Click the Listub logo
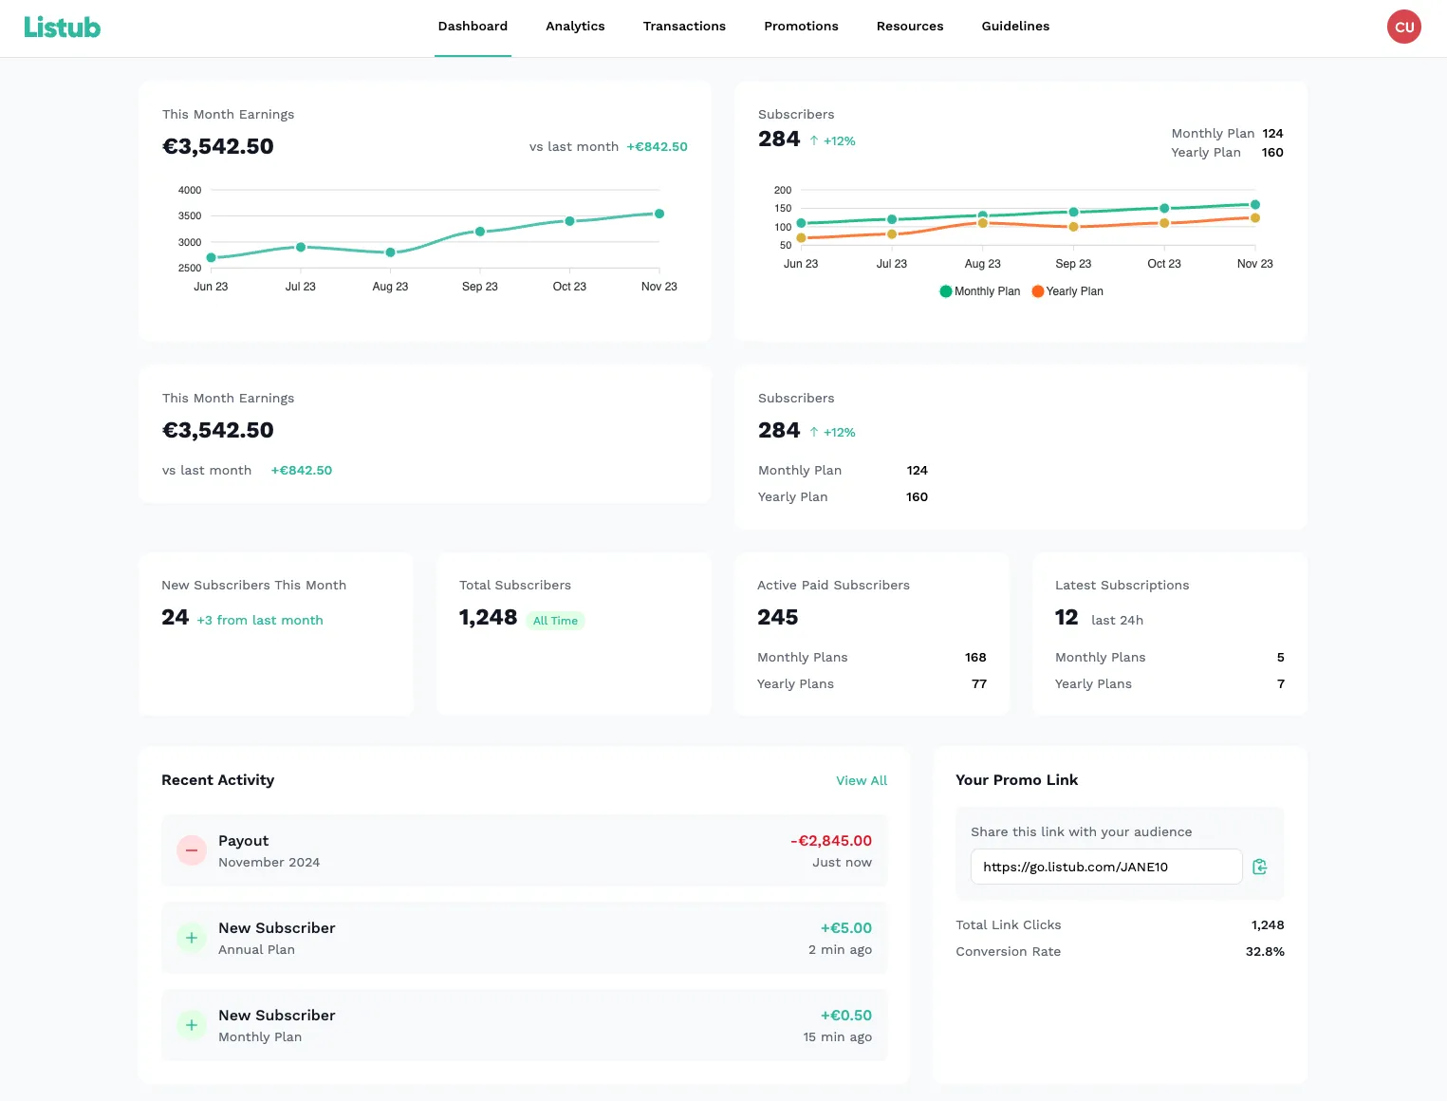click(x=62, y=28)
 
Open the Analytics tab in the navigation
click(x=575, y=27)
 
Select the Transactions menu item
click(x=684, y=27)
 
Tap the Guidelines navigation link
click(x=1015, y=27)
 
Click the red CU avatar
click(x=1403, y=27)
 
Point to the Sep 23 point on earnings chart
click(x=480, y=232)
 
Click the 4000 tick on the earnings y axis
click(x=190, y=190)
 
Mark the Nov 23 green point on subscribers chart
click(x=1254, y=205)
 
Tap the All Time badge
click(x=555, y=621)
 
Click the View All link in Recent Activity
click(x=861, y=780)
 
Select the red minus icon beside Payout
click(x=192, y=850)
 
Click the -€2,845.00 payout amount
click(x=830, y=841)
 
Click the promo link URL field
click(x=1105, y=867)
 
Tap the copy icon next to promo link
click(x=1259, y=867)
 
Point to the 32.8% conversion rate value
click(x=1264, y=951)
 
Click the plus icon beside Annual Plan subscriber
click(x=192, y=938)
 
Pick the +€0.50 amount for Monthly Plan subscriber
click(x=845, y=1016)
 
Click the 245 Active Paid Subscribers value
click(x=777, y=618)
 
